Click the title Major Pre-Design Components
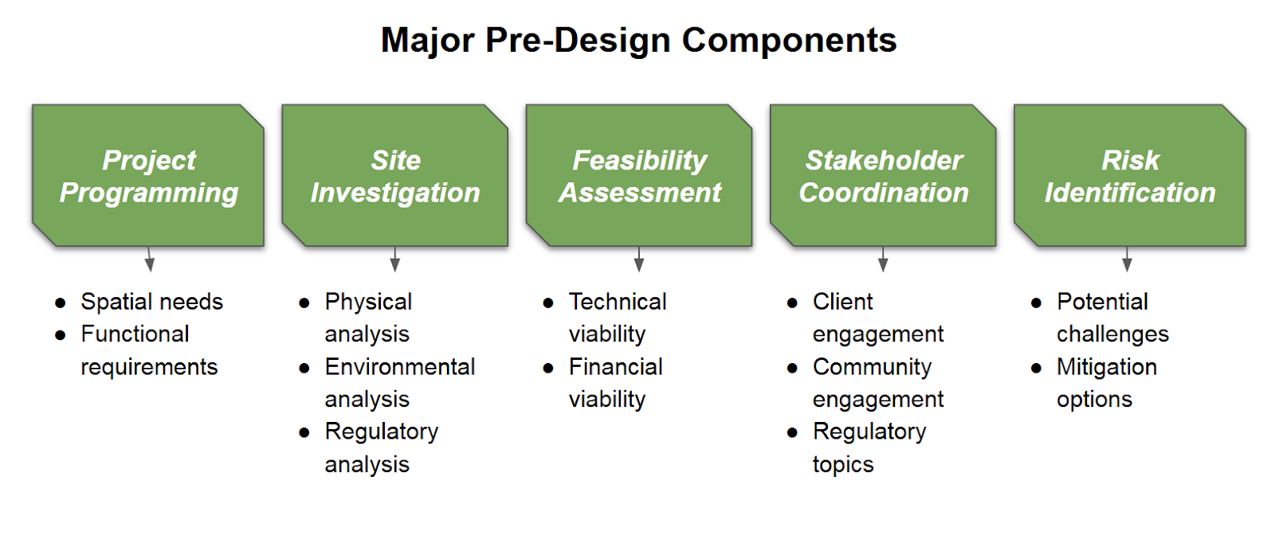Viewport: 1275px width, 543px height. [638, 41]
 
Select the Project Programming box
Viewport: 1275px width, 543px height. [148, 175]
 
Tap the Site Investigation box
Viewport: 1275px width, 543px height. [395, 175]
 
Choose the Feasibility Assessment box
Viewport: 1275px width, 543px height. [638, 175]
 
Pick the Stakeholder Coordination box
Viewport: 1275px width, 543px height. [883, 175]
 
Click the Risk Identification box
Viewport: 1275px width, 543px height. [1130, 175]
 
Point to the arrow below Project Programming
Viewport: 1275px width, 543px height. [149, 260]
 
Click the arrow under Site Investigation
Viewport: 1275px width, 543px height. [395, 260]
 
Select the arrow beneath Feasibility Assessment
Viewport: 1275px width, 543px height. [638, 260]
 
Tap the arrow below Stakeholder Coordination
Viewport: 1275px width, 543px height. [883, 260]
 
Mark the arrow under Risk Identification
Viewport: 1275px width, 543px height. [1127, 260]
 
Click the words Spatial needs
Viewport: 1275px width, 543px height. [152, 302]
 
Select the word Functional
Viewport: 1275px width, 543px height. [135, 334]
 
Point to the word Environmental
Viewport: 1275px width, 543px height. [400, 367]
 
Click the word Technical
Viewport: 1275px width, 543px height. [618, 302]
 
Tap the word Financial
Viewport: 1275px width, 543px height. [616, 367]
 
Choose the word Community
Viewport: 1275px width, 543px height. [872, 368]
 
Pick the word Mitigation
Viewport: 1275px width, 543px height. [1107, 368]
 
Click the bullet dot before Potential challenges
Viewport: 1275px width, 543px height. [1036, 303]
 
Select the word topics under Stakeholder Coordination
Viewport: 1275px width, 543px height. [843, 465]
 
